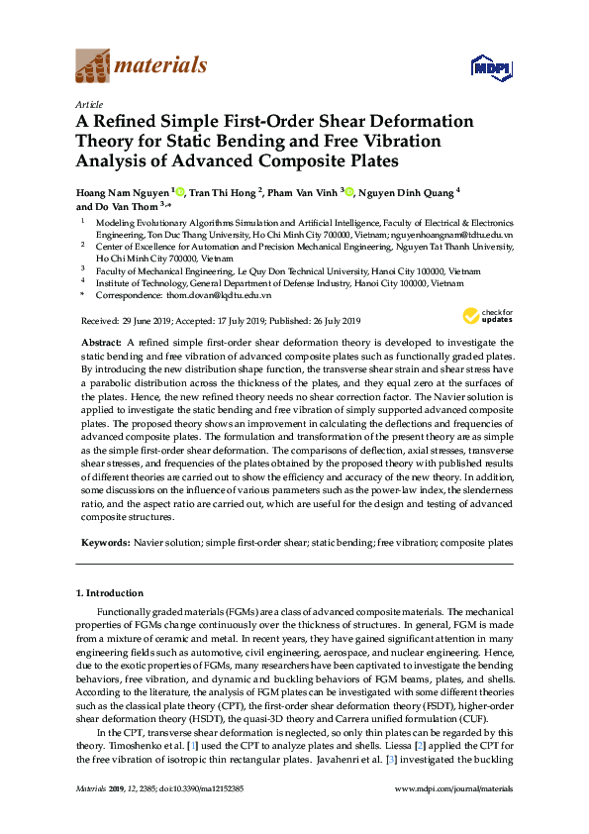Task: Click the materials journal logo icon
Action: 93,67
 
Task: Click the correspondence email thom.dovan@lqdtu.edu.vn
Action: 218,295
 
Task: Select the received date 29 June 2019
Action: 147,321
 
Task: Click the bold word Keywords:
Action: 104,544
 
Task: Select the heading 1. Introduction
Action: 109,593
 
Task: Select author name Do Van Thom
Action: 112,207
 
